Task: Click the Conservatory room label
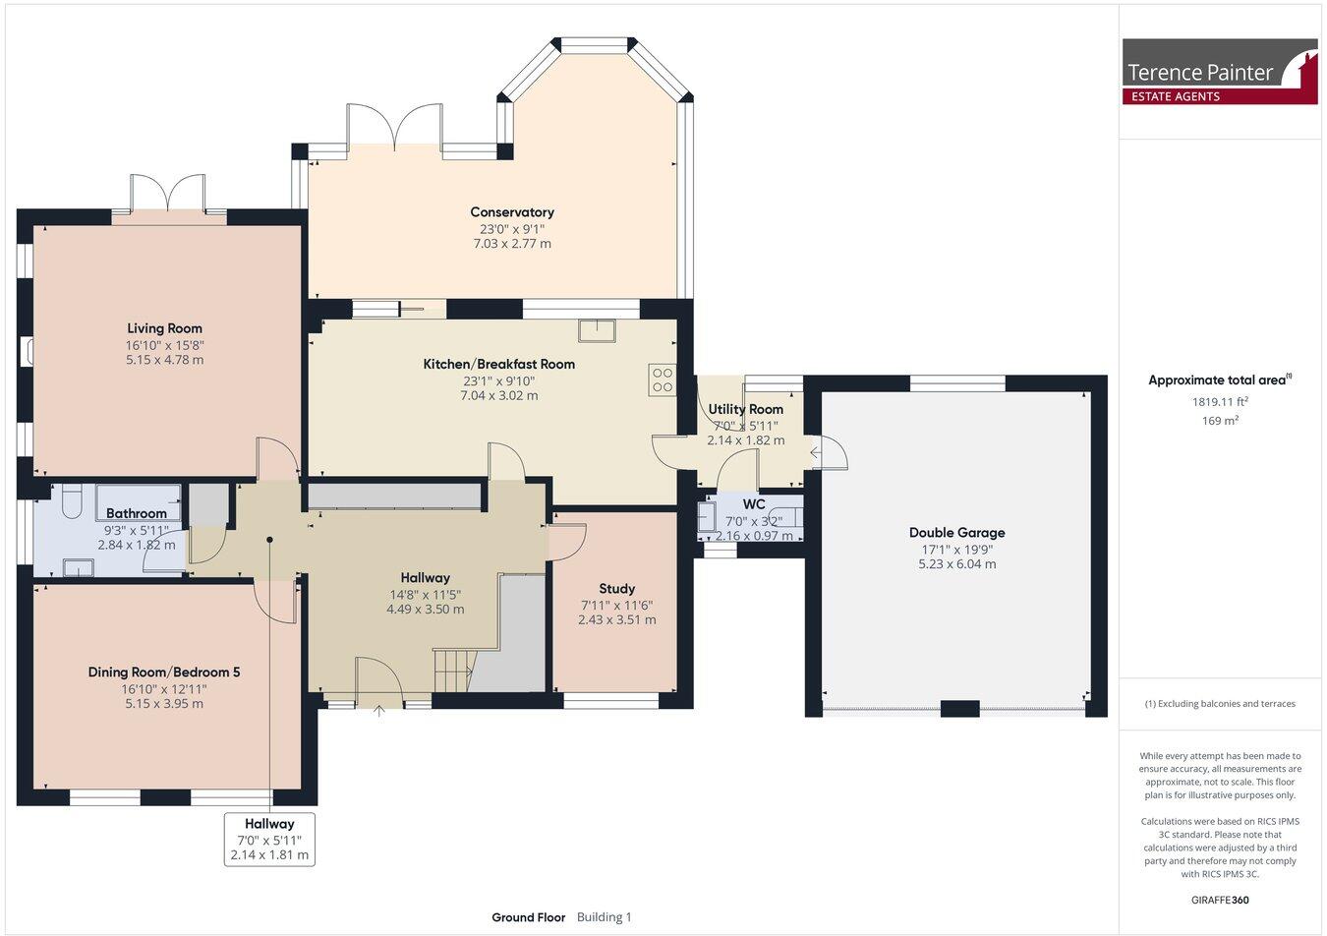(x=511, y=212)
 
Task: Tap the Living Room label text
(x=164, y=328)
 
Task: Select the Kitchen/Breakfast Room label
(x=498, y=364)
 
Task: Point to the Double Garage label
(x=956, y=533)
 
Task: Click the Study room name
(x=616, y=589)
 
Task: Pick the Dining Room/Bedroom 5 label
(x=164, y=673)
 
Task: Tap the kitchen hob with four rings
(x=662, y=380)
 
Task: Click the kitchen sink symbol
(x=597, y=330)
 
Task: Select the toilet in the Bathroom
(x=67, y=504)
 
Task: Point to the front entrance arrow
(x=379, y=710)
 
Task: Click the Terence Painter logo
(x=1219, y=72)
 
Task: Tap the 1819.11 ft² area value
(x=1220, y=401)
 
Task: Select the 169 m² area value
(x=1220, y=421)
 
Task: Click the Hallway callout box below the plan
(x=269, y=840)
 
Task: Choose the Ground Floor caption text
(x=528, y=917)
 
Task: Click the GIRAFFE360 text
(x=1220, y=900)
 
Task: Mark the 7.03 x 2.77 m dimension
(x=511, y=243)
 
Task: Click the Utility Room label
(x=745, y=409)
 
